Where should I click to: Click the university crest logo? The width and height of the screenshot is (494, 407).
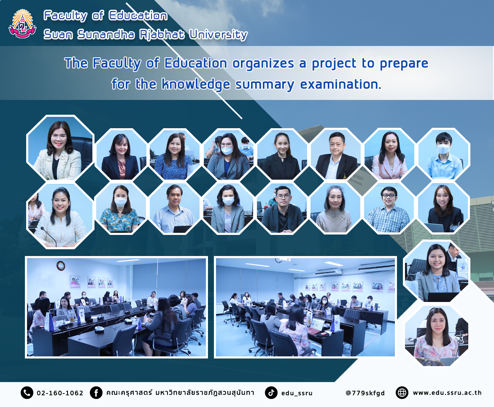coord(22,24)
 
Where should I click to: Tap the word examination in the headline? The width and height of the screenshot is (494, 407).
coord(340,84)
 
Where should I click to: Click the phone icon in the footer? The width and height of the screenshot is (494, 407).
coord(27,393)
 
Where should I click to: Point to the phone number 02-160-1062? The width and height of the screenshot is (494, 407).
coord(60,393)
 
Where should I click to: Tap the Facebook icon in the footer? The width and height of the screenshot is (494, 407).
coord(96,393)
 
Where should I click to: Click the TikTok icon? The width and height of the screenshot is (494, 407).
coord(271,393)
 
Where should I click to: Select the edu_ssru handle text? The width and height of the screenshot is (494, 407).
coord(297,393)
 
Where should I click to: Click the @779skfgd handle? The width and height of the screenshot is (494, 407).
coord(365,393)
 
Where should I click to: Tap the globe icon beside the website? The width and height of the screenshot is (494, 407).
coord(402,393)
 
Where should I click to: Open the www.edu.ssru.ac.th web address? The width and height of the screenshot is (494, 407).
coord(447,393)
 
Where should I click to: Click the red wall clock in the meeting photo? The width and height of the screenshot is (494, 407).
coord(60,266)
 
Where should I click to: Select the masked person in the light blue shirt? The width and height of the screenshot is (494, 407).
coord(444,156)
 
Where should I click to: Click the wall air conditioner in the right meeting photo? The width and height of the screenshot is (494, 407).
coord(329,272)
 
